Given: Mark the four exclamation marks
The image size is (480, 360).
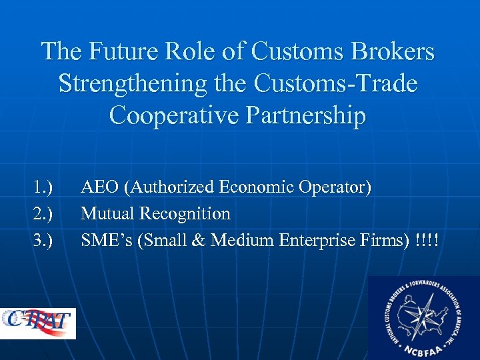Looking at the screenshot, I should (426, 239).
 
